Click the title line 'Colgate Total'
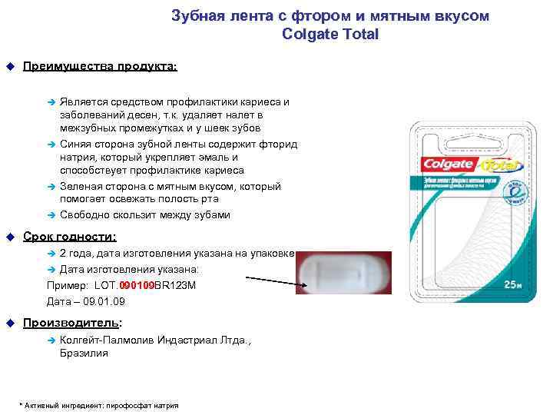pyautogui.click(x=330, y=35)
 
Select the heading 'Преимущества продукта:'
pyautogui.click(x=100, y=67)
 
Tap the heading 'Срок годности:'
pyautogui.click(x=70, y=237)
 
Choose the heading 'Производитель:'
pyautogui.click(x=73, y=323)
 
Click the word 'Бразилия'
pyautogui.click(x=84, y=354)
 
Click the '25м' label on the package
pyautogui.click(x=512, y=284)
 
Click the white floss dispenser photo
pyautogui.click(x=342, y=274)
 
